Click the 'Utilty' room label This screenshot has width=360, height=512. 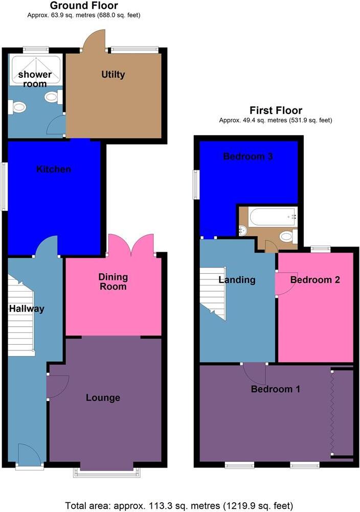coord(113,75)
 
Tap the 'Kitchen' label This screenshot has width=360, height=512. coord(53,169)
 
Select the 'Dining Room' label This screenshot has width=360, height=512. coord(113,281)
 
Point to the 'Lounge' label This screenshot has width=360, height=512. coord(103,397)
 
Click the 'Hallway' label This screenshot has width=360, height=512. coord(27,308)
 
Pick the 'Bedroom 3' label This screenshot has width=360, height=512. coord(248,157)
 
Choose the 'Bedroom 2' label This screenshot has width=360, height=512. coord(315,280)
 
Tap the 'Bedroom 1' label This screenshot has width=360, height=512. coord(275,389)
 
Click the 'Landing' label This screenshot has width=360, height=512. coord(237,280)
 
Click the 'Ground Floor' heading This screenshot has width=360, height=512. coord(84,6)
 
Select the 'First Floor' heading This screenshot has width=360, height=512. coord(276,110)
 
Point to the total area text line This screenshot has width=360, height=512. coord(179,505)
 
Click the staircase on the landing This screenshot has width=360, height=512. coord(213,293)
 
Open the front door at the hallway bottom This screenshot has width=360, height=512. coord(30,455)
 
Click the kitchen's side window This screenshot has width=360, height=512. coord(5,186)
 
